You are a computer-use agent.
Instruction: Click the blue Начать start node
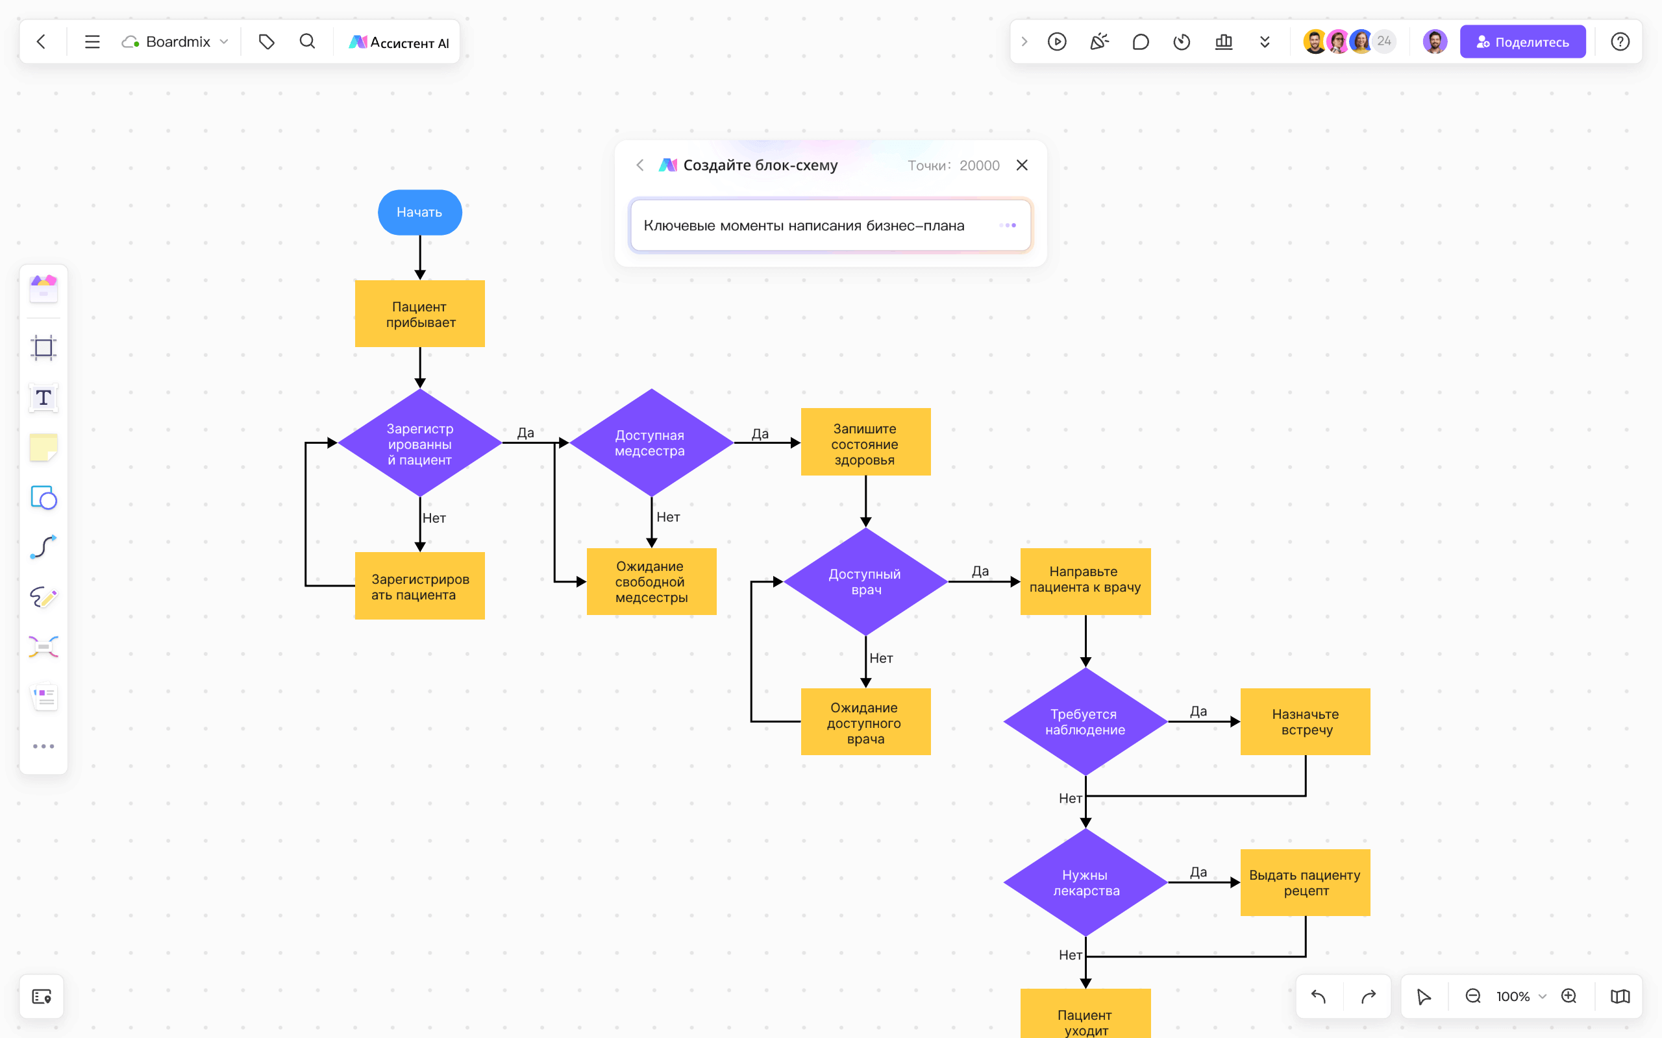tap(419, 212)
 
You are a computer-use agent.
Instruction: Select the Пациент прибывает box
tap(419, 314)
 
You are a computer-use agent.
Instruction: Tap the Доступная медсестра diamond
tap(651, 443)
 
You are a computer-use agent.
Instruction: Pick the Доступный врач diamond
tap(865, 581)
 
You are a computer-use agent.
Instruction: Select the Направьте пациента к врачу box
tap(1085, 581)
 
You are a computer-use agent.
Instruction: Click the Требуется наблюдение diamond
tap(1085, 721)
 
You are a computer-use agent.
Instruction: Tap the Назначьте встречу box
tap(1305, 721)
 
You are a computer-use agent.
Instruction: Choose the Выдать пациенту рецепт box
tap(1305, 882)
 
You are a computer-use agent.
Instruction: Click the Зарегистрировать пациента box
tap(419, 586)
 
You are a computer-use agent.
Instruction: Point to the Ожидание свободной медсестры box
tap(651, 581)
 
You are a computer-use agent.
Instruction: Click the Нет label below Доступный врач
tap(881, 658)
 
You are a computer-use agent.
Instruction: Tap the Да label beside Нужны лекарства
tap(1198, 872)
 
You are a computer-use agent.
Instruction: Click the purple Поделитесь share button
tap(1522, 42)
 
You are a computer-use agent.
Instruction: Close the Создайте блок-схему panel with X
tap(1022, 165)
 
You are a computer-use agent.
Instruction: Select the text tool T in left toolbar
tap(43, 398)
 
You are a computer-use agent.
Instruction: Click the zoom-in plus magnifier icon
tap(1569, 996)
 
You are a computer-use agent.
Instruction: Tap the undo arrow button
tap(1319, 996)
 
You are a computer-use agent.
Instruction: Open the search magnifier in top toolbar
tap(307, 42)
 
